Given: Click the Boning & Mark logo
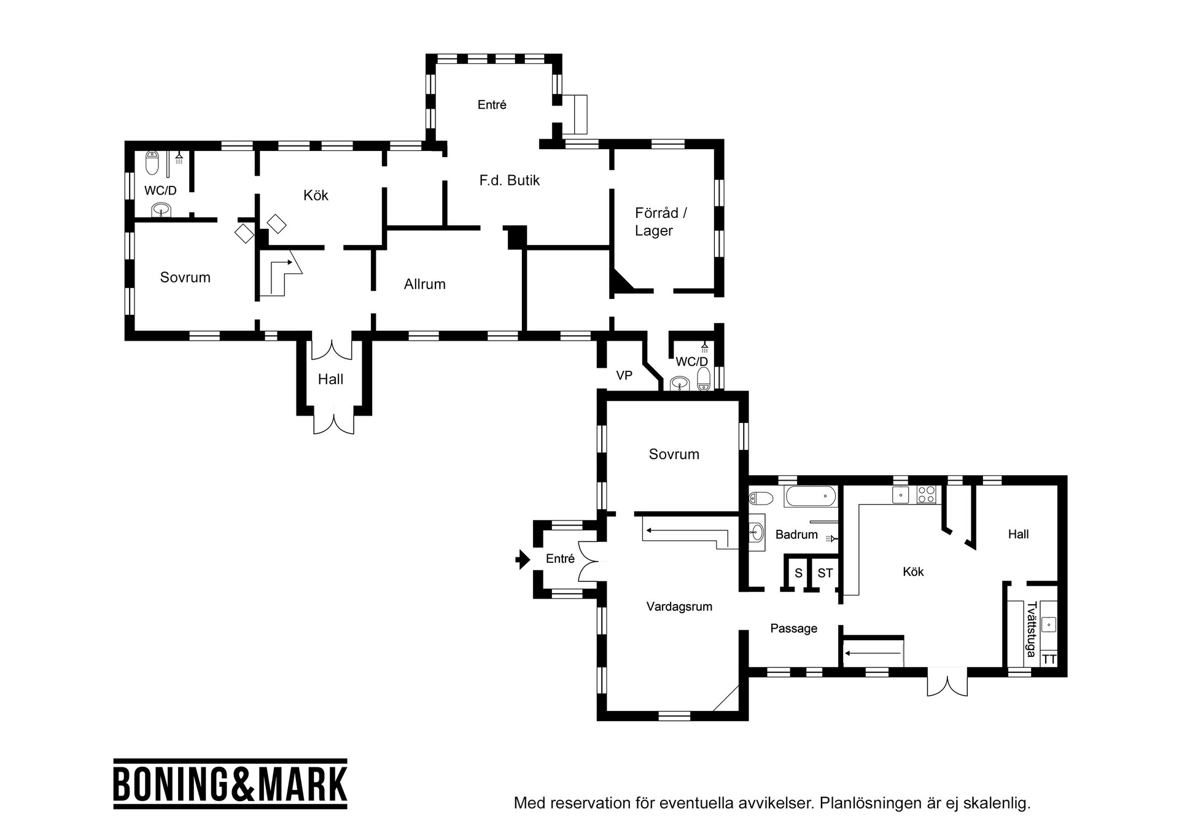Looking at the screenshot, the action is [230, 783].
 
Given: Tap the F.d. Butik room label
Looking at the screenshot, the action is [510, 180].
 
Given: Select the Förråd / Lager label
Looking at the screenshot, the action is [661, 222].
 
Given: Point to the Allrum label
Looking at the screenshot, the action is [424, 284].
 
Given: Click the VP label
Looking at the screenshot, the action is [624, 375].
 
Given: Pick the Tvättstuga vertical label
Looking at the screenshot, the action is [1031, 629].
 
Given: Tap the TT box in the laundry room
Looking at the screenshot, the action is [1049, 659].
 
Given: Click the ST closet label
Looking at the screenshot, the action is [825, 573].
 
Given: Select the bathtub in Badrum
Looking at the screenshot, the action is [811, 496].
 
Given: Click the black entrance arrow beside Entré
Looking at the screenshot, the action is [522, 559].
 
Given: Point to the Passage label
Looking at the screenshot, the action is [793, 629].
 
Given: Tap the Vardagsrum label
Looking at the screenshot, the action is [679, 606].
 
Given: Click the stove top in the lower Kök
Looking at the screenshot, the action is [926, 495].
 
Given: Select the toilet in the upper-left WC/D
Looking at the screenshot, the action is [152, 163].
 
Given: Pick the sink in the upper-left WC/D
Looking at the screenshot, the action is [161, 211].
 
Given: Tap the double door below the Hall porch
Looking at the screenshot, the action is [333, 424].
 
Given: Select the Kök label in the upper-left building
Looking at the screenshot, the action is [316, 195].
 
